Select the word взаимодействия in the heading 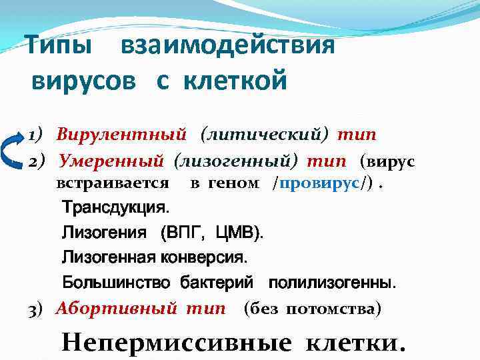coord(227,46)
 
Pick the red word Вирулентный coord(121,135)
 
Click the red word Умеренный coord(111,161)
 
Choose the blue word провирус coord(320,183)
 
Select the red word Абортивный coord(116,309)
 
